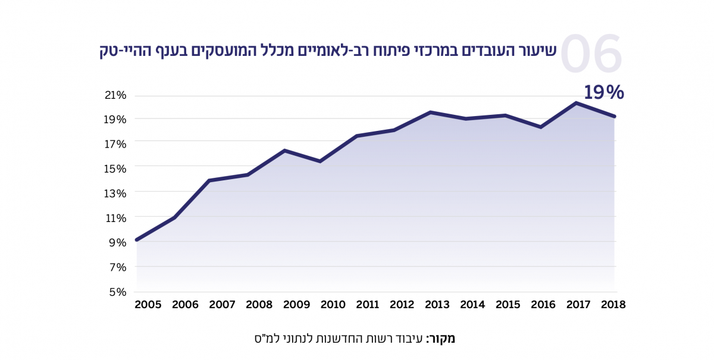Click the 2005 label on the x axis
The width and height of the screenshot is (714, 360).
148,305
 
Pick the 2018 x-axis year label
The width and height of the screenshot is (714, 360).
613,305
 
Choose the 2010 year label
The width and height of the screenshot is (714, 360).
333,305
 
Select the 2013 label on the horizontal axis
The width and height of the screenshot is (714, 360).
437,305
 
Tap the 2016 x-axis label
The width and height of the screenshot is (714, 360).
543,305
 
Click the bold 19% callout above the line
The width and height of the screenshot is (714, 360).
603,92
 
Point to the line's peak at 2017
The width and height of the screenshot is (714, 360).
576,103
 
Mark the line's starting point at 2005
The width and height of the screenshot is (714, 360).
137,240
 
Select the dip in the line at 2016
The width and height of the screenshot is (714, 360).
540,127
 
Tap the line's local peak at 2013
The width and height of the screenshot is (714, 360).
430,112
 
